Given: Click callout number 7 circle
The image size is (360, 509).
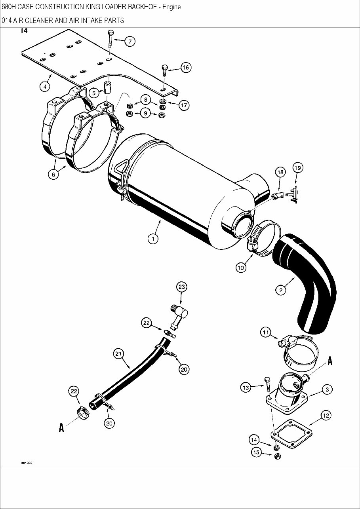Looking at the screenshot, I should point(130,41).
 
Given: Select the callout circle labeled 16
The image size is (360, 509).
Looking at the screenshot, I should point(186,68).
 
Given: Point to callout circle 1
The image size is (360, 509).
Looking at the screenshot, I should point(153,239).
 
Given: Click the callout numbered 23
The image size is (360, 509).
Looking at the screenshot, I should point(182,287).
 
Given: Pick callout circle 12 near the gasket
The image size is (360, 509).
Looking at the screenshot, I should point(326,416).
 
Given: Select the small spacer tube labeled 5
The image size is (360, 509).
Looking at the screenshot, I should point(107,87).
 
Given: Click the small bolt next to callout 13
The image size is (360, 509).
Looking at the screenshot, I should point(267,386).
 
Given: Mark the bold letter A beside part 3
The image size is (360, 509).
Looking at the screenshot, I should point(330,361).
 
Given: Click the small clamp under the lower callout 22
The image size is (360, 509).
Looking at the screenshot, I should point(83,413).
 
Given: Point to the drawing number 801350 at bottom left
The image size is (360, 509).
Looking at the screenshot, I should point(27,462).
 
